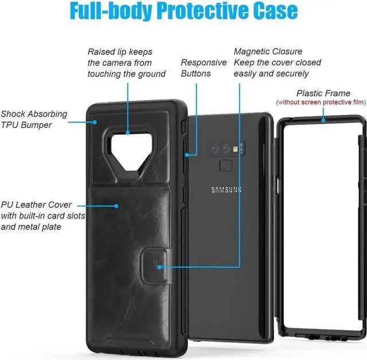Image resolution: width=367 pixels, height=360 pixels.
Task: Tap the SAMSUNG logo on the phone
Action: click(x=227, y=190)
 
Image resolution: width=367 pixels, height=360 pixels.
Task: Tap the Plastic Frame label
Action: click(x=323, y=93)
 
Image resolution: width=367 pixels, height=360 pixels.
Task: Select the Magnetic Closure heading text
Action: click(x=268, y=52)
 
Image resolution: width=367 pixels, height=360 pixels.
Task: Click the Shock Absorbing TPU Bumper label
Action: click(x=34, y=119)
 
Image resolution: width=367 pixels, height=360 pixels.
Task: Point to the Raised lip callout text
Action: click(x=126, y=62)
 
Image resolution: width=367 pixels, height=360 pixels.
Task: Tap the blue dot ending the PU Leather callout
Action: click(x=116, y=205)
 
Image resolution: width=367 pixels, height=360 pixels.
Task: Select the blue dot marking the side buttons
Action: click(x=187, y=154)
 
